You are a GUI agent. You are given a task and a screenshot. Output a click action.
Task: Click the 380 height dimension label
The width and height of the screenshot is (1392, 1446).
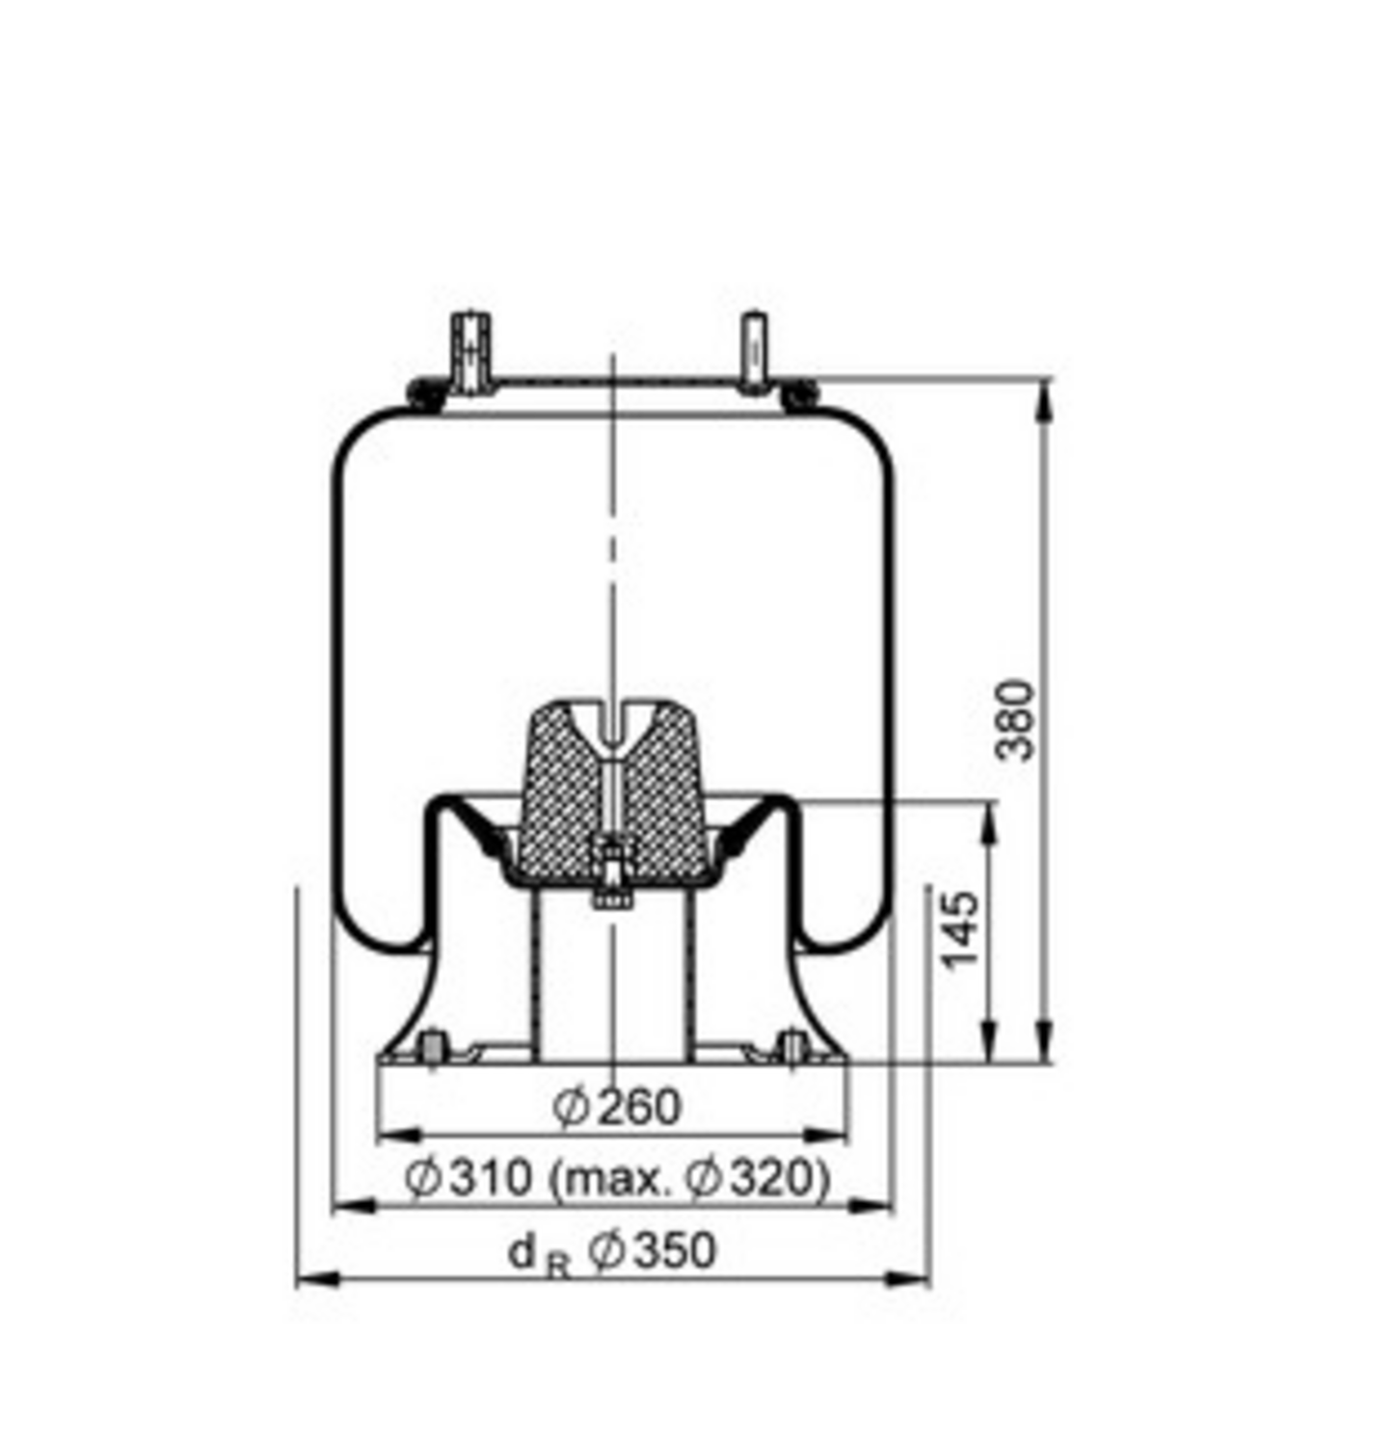[x=1015, y=720]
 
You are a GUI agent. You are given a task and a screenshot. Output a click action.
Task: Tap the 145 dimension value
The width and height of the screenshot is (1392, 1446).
[x=960, y=930]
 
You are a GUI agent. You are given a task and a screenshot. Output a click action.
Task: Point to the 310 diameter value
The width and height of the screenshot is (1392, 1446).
[x=491, y=1177]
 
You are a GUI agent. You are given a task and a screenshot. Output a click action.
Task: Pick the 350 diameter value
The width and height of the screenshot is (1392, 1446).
[x=675, y=1250]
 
